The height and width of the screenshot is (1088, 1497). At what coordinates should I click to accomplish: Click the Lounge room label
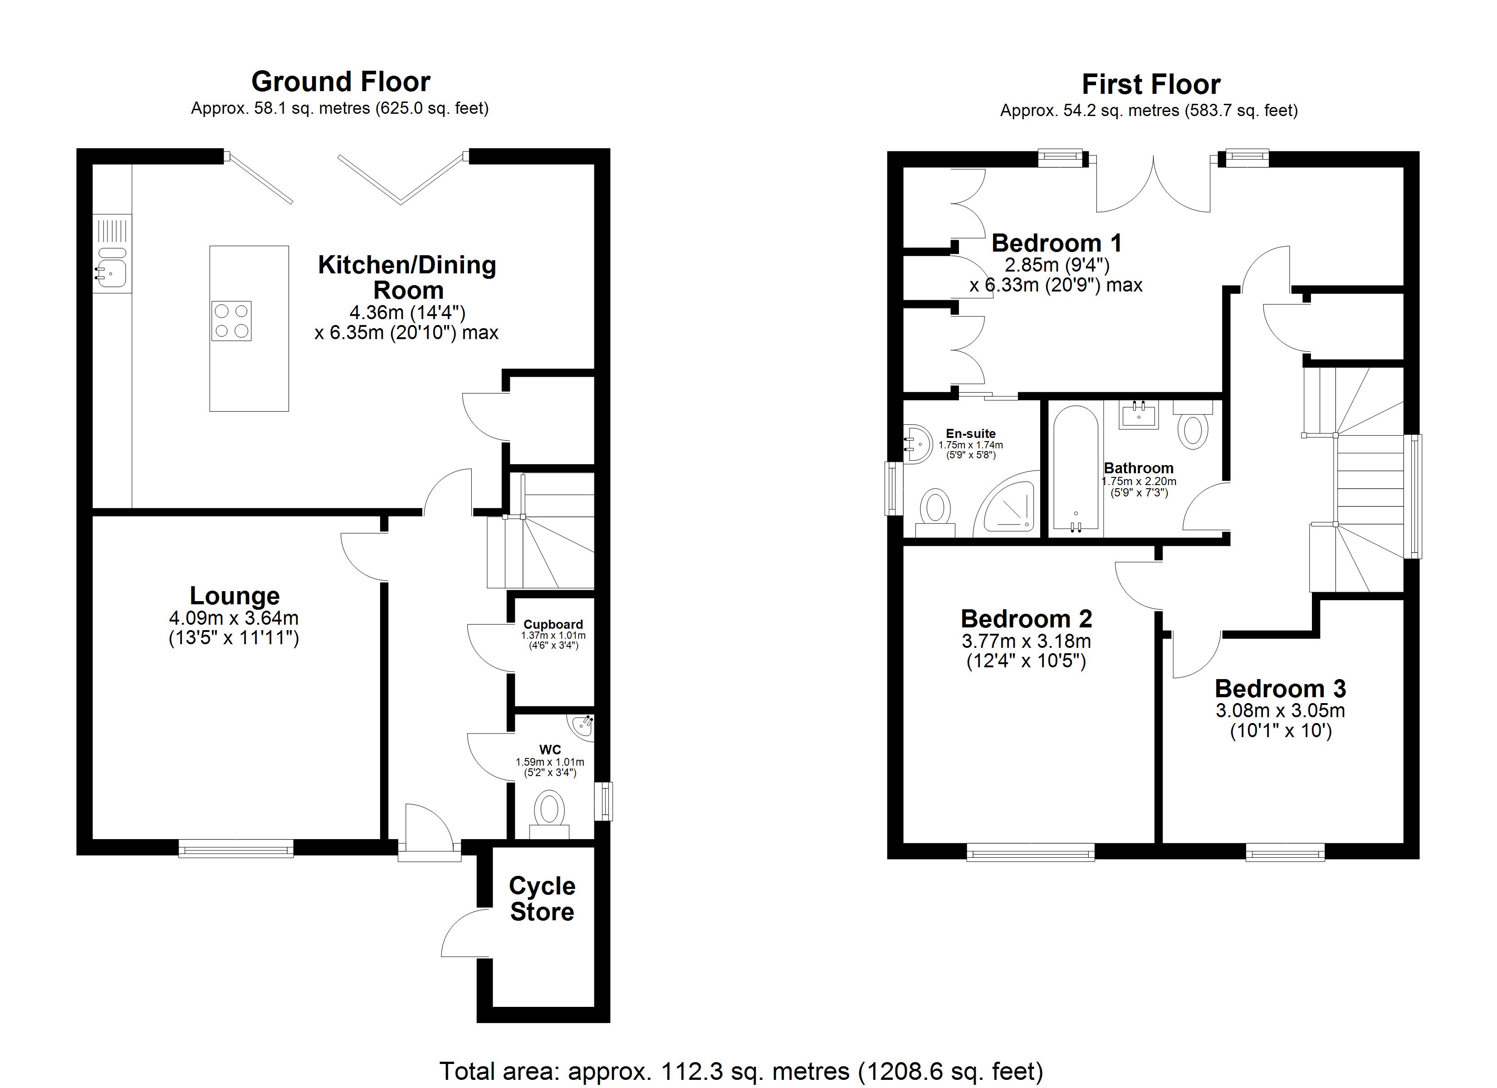coord(235,596)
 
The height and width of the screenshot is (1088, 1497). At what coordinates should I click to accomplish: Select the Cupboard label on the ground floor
coord(553,624)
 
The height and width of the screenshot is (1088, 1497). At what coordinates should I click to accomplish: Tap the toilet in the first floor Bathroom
coord(1193,426)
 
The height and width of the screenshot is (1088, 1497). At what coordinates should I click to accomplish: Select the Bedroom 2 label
coord(1027,619)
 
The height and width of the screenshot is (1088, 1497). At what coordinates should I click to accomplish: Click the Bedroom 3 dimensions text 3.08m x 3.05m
coord(1281,710)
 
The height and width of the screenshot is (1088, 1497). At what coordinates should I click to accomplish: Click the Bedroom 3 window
coord(1285,852)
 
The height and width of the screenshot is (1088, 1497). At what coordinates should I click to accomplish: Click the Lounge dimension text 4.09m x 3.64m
coord(234,618)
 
